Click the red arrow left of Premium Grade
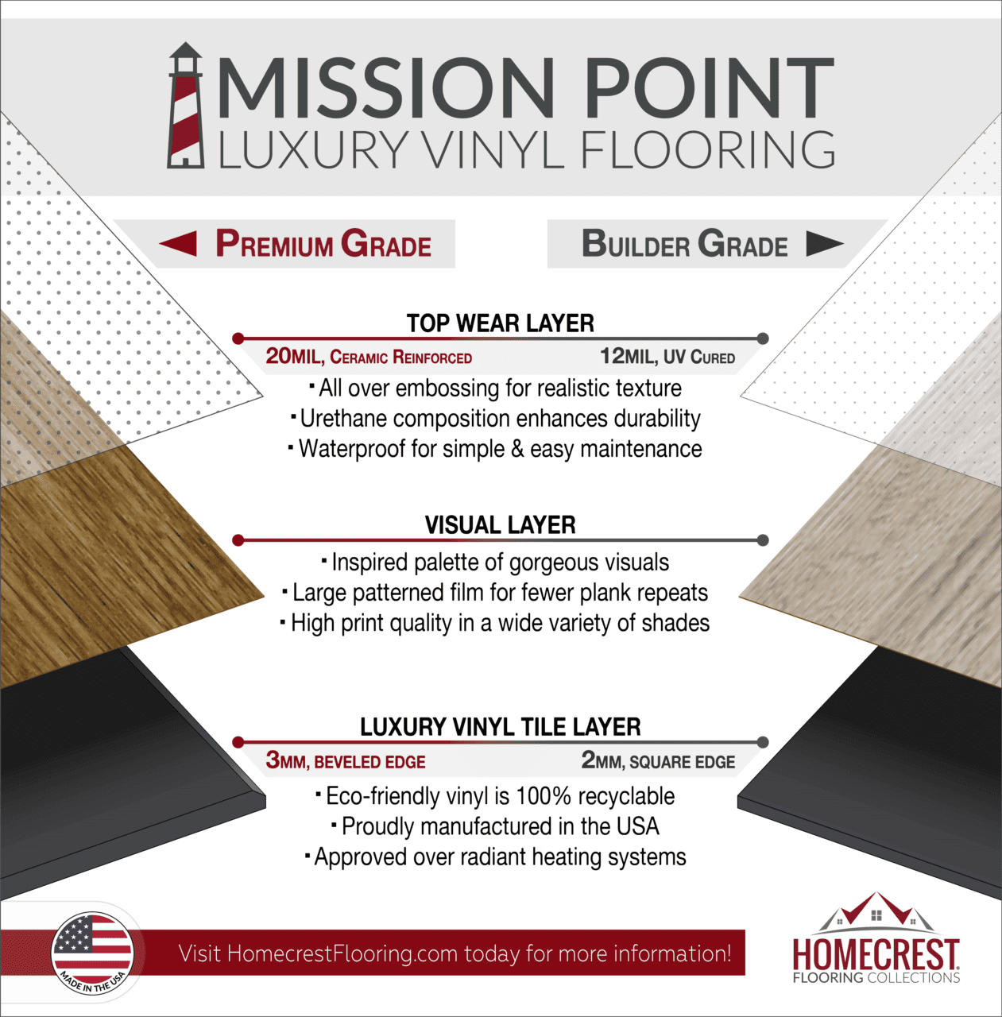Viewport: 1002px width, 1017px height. click(179, 243)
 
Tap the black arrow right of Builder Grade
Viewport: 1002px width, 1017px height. click(824, 243)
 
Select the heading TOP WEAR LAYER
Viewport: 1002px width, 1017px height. click(500, 323)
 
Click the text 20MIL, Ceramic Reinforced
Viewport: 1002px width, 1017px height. click(369, 357)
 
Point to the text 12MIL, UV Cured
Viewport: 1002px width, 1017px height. click(667, 357)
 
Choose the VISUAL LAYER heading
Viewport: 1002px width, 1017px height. click(500, 525)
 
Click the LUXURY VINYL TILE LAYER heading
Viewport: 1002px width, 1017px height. click(500, 727)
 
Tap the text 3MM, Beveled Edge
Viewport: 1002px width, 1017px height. click(346, 761)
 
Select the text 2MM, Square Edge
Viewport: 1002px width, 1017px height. click(658, 761)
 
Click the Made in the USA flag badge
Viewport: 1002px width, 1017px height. click(92, 952)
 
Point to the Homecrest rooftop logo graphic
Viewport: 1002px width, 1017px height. click(876, 912)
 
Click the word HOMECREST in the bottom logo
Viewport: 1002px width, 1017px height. click(876, 953)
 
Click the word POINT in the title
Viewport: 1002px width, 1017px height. click(710, 87)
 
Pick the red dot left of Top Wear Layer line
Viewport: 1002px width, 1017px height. click(238, 338)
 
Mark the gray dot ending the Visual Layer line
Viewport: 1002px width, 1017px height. click(763, 540)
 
